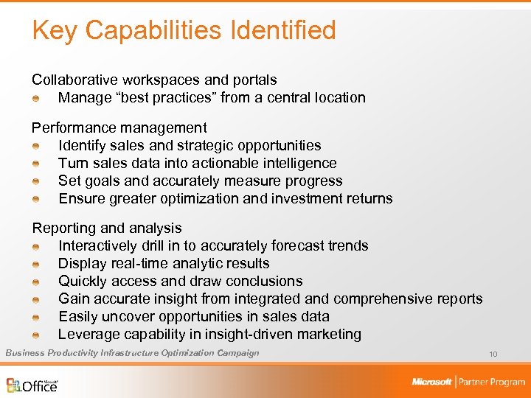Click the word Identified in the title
click(284, 30)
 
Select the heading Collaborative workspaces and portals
click(154, 80)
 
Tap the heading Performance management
click(119, 128)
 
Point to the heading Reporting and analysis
click(107, 228)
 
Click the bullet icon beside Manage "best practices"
click(36, 98)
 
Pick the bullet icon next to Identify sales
click(36, 146)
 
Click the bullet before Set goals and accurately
click(36, 181)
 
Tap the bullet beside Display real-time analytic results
click(36, 264)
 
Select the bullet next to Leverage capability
click(36, 335)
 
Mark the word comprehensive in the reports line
click(383, 299)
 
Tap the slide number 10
click(493, 355)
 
